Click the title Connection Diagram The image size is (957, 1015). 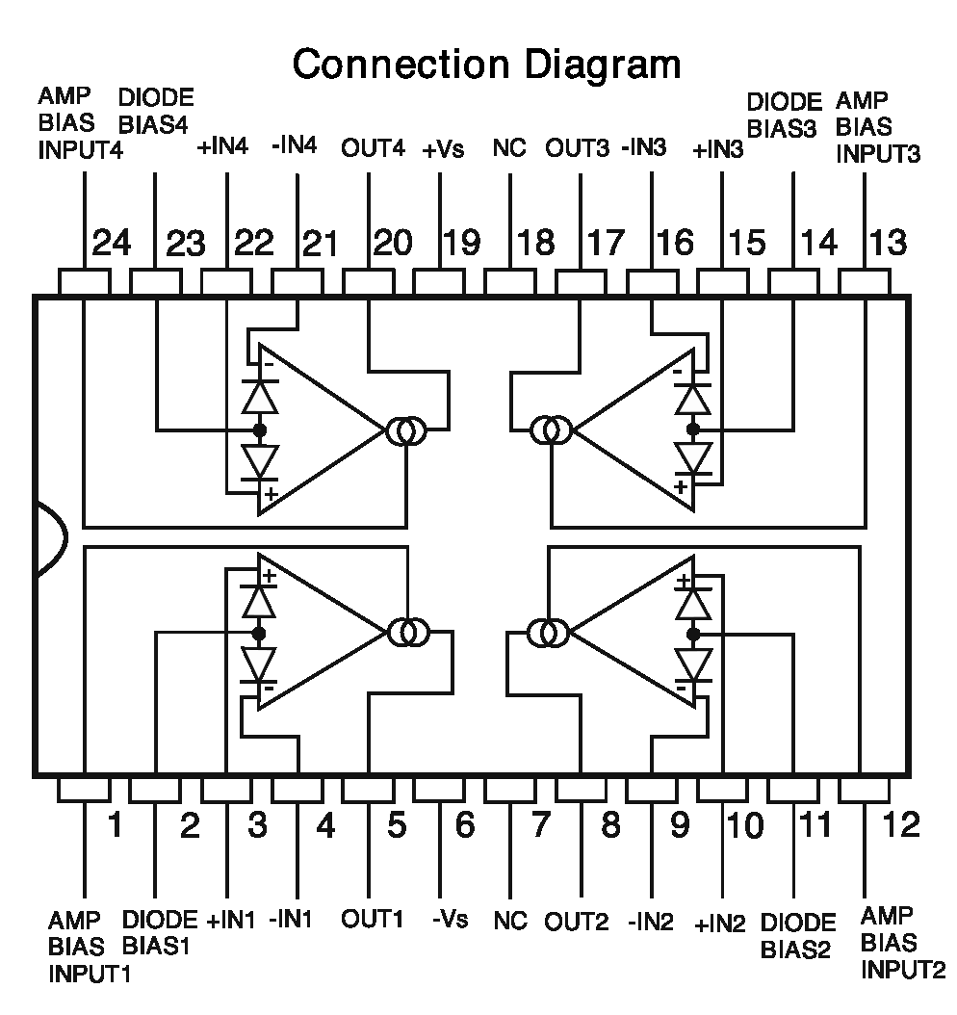[x=486, y=65]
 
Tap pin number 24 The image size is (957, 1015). [x=112, y=242]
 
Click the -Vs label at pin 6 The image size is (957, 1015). [x=449, y=919]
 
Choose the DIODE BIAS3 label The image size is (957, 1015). [x=785, y=116]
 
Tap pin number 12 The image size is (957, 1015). [x=900, y=824]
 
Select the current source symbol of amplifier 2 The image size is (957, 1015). [x=549, y=634]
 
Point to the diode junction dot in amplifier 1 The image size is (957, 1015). [x=258, y=633]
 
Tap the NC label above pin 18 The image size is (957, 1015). [x=509, y=149]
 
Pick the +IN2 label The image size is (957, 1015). [x=720, y=924]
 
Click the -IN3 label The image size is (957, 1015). [x=644, y=149]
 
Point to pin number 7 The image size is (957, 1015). [x=541, y=824]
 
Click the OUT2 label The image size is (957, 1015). [x=577, y=922]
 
